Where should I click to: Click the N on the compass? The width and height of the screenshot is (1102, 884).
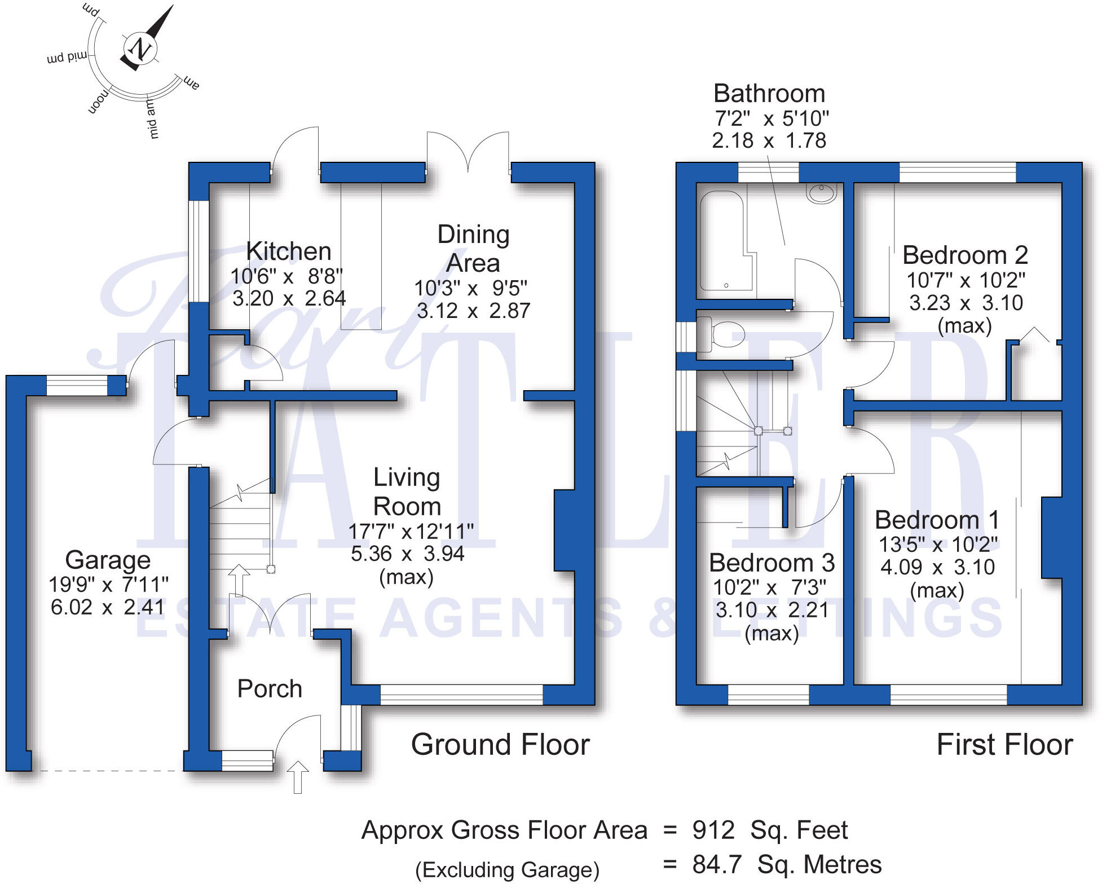139,48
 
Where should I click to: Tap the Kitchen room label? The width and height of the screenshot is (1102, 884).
289,251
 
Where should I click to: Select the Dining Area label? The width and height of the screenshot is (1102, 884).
473,249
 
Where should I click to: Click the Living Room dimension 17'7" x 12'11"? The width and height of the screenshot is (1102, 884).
411,531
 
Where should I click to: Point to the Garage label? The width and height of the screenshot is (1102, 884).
108,560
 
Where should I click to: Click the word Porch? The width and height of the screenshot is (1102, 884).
270,689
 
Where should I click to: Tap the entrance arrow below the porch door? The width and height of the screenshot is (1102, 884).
298,776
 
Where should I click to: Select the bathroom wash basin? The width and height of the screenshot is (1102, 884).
821,193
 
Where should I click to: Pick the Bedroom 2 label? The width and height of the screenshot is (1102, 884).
965,255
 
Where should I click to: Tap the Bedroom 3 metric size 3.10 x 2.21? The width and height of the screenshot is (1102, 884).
772,610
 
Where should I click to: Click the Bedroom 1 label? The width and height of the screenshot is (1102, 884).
937,520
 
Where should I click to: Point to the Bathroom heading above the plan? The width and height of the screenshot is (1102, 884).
769,94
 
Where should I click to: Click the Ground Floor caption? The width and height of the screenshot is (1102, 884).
500,745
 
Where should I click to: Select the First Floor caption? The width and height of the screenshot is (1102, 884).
1004,745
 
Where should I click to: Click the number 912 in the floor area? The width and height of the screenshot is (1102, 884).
713,830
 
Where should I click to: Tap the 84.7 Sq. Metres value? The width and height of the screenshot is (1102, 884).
787,864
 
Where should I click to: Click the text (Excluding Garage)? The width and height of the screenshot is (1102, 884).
507,870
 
